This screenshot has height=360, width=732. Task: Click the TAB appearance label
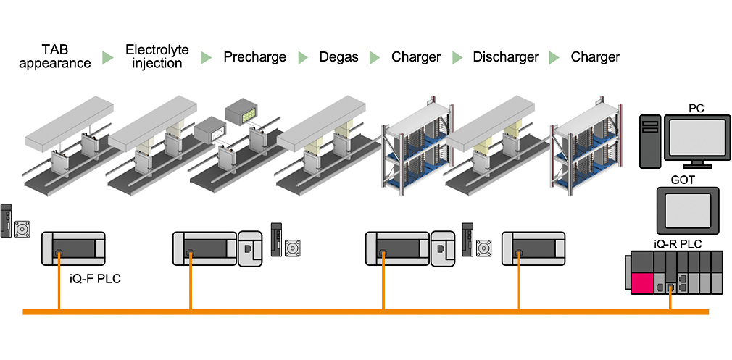tap(55, 56)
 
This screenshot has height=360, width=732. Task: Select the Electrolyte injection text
tap(157, 56)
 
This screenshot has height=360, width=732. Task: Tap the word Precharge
tap(254, 56)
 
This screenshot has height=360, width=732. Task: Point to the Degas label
tap(338, 56)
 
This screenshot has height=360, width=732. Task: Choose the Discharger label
tap(505, 56)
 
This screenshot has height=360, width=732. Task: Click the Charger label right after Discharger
tap(595, 56)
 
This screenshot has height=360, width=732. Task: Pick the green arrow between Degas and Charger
tap(374, 57)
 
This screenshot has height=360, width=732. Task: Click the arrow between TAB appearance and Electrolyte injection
tap(107, 57)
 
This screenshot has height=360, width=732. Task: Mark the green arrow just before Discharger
tap(457, 57)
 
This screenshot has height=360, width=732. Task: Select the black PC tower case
tap(650, 138)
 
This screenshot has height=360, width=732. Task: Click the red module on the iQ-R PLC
tap(641, 283)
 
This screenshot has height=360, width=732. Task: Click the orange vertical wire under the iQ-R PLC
tap(671, 300)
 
